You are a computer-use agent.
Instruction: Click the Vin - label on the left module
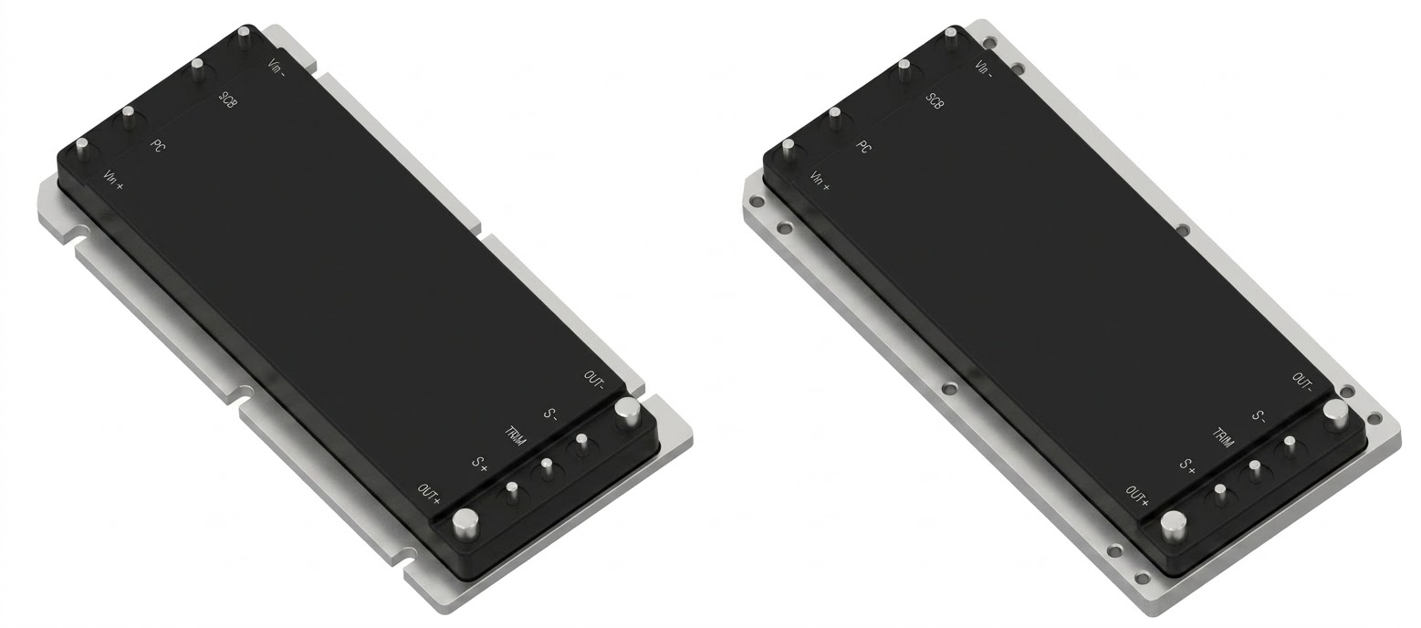click(277, 68)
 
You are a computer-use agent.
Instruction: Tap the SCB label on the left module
click(228, 99)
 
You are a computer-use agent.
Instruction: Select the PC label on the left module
click(158, 144)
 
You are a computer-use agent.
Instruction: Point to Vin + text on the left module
click(113, 180)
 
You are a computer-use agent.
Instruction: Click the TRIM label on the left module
click(515, 436)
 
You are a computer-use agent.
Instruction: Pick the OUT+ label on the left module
click(429, 495)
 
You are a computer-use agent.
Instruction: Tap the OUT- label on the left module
click(594, 381)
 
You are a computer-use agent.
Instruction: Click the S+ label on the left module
click(479, 465)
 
